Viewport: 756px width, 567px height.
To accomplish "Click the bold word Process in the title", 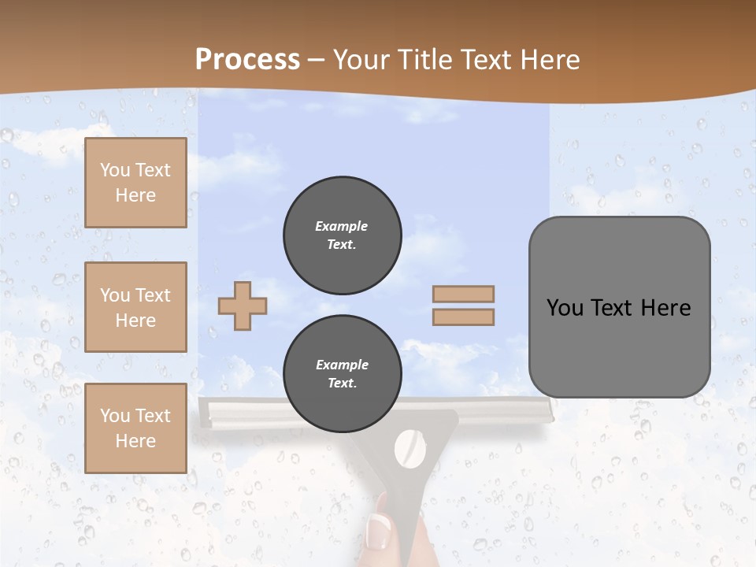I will (x=247, y=60).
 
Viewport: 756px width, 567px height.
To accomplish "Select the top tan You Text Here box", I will (x=135, y=183).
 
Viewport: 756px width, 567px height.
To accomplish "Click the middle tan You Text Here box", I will (x=135, y=307).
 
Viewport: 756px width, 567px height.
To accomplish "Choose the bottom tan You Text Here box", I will (x=135, y=428).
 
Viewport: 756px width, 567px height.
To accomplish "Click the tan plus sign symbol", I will (x=243, y=306).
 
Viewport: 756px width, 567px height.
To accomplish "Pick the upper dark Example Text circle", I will (x=342, y=235).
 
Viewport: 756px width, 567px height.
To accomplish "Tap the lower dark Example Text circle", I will (x=342, y=374).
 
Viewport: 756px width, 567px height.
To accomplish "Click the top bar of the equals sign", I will (x=464, y=294).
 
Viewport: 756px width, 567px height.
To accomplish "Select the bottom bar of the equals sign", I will (x=464, y=317).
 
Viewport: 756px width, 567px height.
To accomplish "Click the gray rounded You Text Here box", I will (x=619, y=307).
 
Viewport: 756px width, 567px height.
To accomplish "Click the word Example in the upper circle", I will (x=342, y=226).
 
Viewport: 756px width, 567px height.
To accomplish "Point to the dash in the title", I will (x=316, y=60).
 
